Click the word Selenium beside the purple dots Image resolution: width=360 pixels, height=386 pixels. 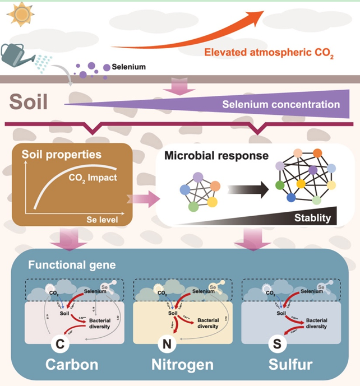click(129, 67)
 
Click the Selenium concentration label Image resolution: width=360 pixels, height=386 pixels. click(281, 104)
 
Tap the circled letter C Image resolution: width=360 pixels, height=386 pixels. click(61, 342)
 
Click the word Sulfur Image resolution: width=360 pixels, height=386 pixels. click(298, 365)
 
